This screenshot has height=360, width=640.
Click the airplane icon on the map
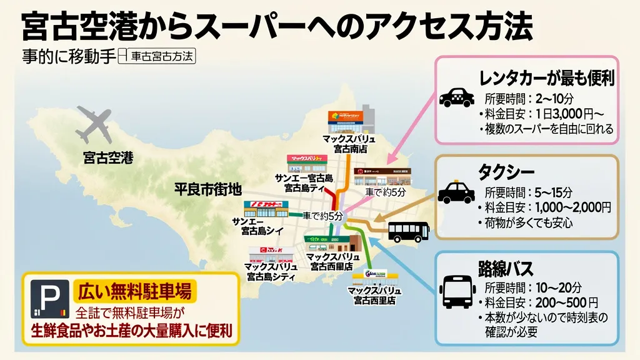point(92,124)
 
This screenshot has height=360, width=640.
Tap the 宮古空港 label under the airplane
point(108,157)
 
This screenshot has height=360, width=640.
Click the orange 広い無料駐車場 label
point(134,291)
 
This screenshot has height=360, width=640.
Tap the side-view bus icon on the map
point(409,232)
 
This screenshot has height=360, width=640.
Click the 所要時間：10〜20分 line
point(533,288)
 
